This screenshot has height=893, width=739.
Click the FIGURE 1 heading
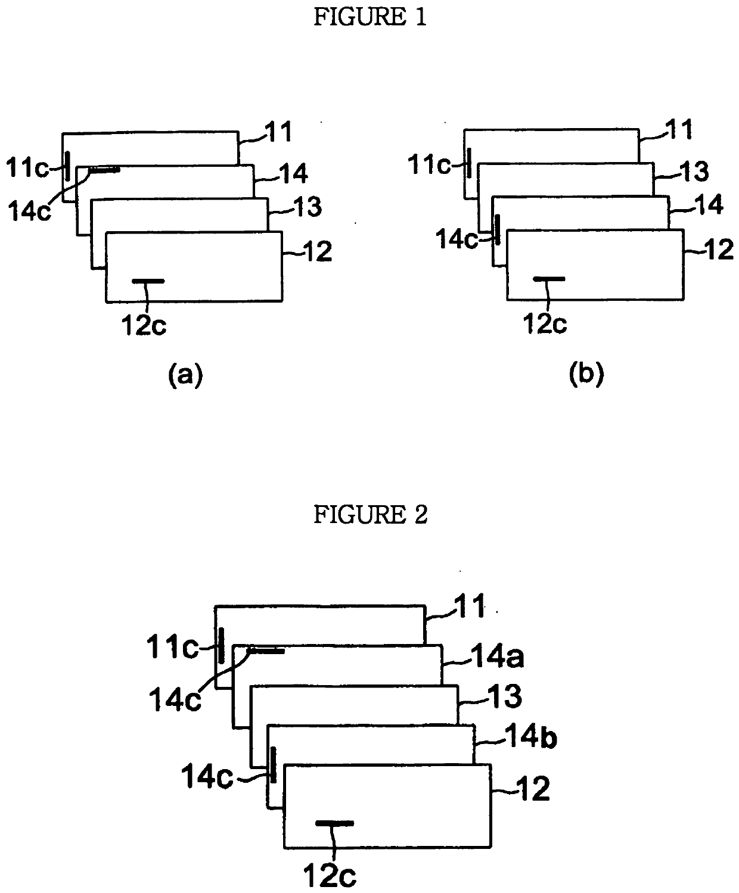pyautogui.click(x=369, y=18)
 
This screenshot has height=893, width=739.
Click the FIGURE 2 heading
pyautogui.click(x=370, y=515)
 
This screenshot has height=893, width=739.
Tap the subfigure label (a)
pyautogui.click(x=185, y=376)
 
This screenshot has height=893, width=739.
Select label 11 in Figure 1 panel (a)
pyautogui.click(x=278, y=132)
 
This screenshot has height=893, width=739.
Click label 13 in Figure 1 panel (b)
pyautogui.click(x=694, y=172)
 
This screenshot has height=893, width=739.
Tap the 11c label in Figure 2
pyautogui.click(x=173, y=647)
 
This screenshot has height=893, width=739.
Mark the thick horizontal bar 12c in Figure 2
pyautogui.click(x=334, y=823)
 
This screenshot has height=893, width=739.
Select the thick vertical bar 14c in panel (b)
pyautogui.click(x=497, y=229)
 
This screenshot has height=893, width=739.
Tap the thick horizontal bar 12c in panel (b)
pyautogui.click(x=548, y=278)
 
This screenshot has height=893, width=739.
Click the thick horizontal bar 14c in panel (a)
pyautogui.click(x=105, y=170)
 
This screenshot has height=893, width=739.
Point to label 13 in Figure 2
pyautogui.click(x=504, y=697)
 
